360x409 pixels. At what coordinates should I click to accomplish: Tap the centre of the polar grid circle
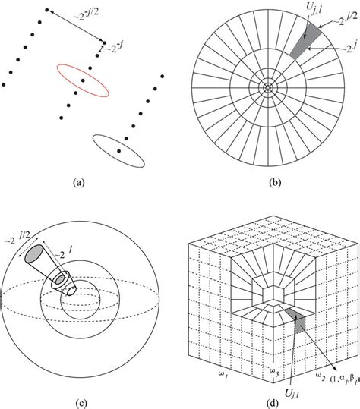[267, 88]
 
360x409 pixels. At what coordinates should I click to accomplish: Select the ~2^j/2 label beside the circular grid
[340, 25]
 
